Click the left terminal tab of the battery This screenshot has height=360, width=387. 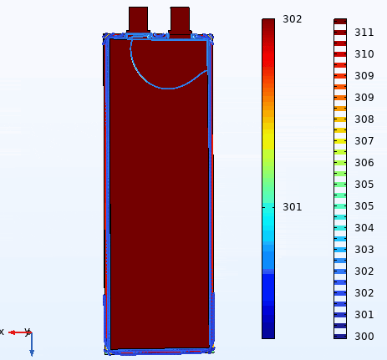[x=138, y=19]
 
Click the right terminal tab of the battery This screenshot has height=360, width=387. [x=180, y=21]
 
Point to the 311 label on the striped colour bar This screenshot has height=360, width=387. [x=364, y=33]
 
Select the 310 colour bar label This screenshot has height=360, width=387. [x=364, y=54]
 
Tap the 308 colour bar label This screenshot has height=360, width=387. [x=364, y=119]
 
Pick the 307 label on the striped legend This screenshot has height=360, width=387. [x=364, y=141]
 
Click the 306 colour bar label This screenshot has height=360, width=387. [x=364, y=163]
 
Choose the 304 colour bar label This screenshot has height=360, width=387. [x=364, y=228]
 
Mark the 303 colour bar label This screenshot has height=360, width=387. [x=364, y=250]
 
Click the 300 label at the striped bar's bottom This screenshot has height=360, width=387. [x=364, y=337]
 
